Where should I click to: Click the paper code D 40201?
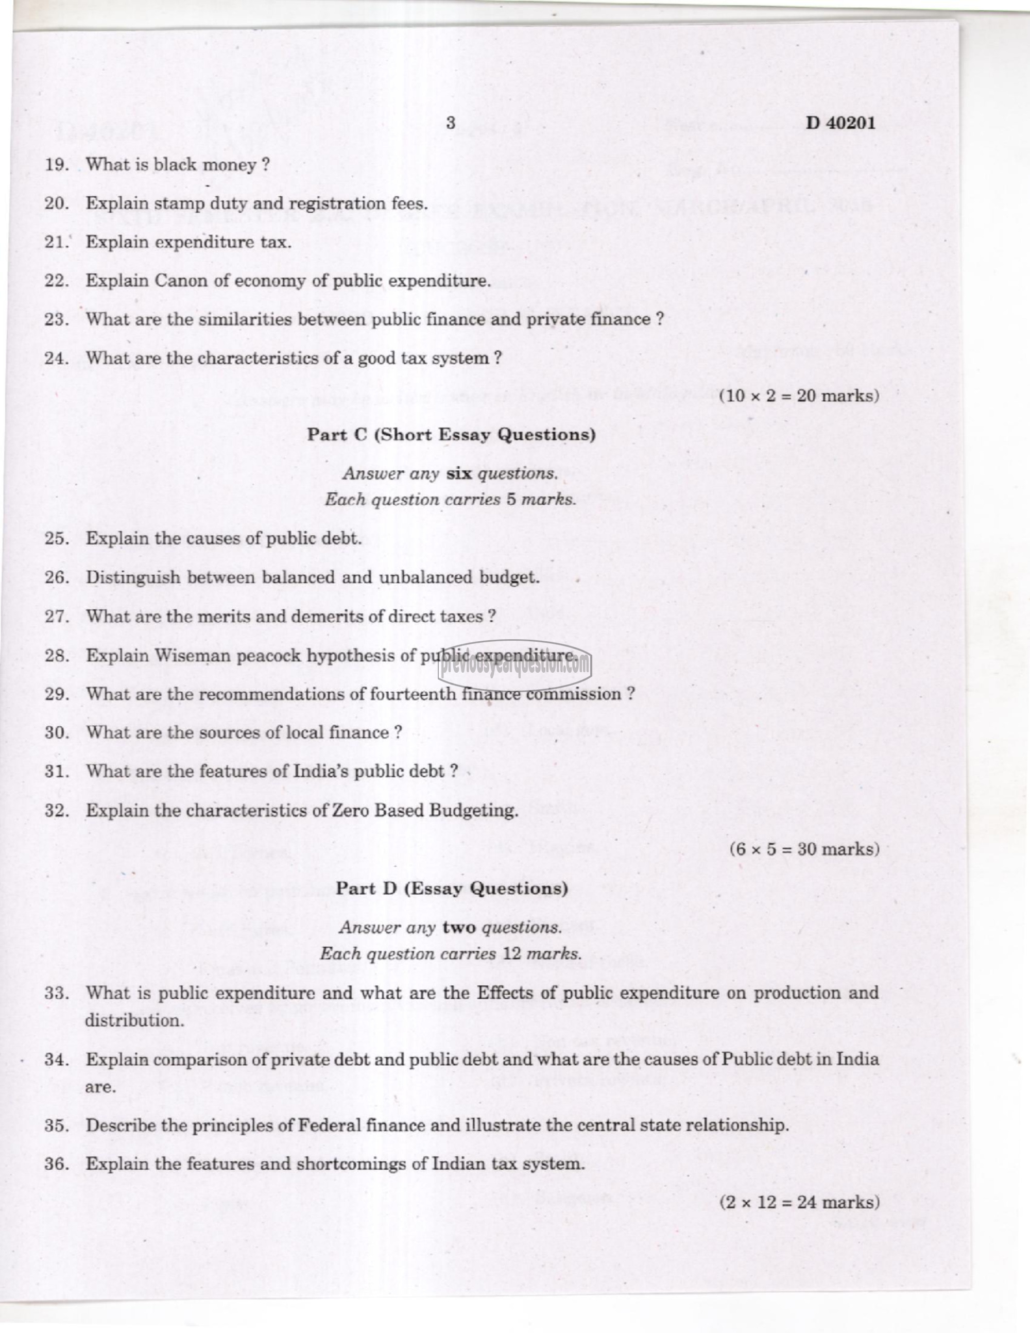(x=840, y=123)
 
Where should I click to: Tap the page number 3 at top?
(x=450, y=123)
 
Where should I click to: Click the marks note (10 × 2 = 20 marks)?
(x=799, y=396)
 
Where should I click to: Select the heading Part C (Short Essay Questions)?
(x=451, y=435)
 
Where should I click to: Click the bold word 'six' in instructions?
(x=459, y=473)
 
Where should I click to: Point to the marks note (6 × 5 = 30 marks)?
(x=804, y=849)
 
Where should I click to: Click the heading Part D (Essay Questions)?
(x=452, y=888)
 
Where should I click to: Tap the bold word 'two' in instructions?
(x=459, y=927)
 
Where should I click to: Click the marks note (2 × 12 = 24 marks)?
(x=799, y=1202)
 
